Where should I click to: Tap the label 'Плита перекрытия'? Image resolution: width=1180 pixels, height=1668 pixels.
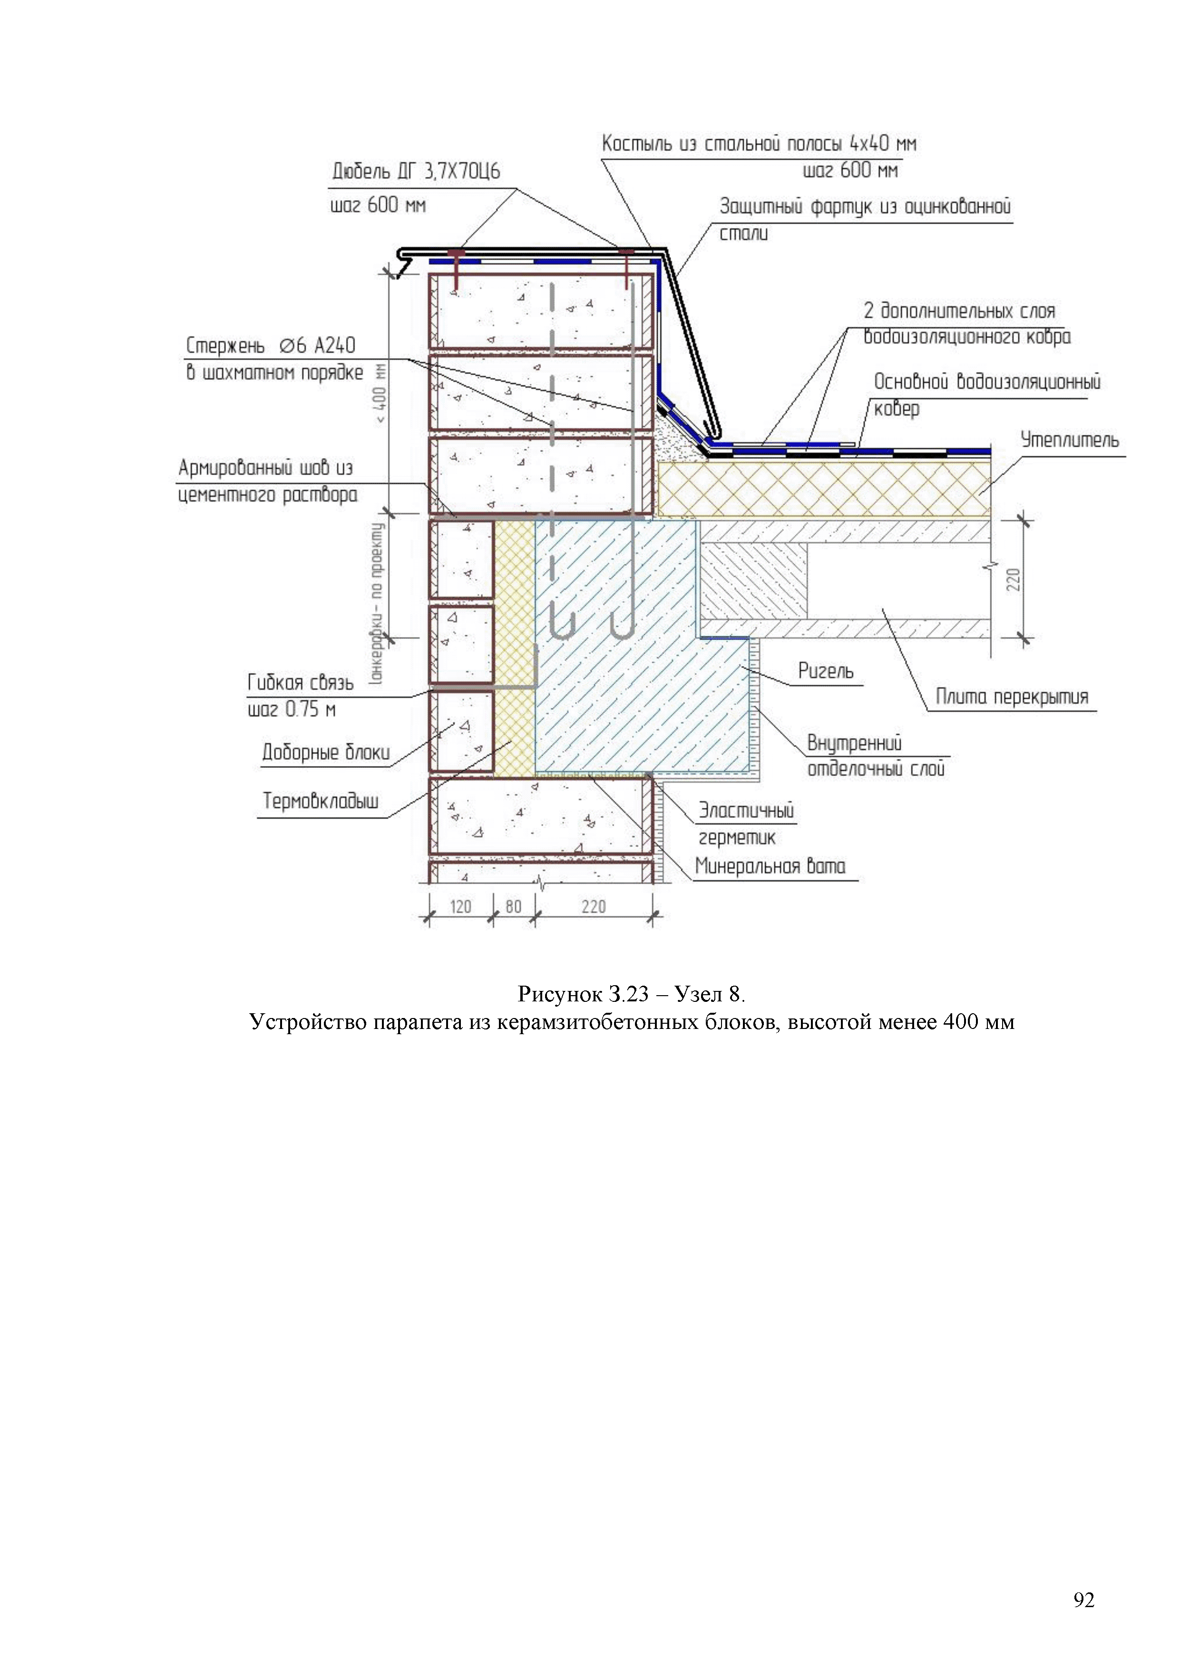[1012, 698]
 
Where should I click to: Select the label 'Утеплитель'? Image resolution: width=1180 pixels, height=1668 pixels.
[1070, 439]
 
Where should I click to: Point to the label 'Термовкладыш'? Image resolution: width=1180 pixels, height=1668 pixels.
[321, 801]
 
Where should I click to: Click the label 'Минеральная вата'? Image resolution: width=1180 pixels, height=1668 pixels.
[770, 866]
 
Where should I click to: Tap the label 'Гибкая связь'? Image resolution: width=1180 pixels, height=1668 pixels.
[301, 683]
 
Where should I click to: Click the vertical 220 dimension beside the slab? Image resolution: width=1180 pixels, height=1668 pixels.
[1014, 579]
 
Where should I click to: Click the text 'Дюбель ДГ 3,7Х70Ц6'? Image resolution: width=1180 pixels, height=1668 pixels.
[416, 172]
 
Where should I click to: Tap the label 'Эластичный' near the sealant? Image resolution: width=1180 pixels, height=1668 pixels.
[746, 810]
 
